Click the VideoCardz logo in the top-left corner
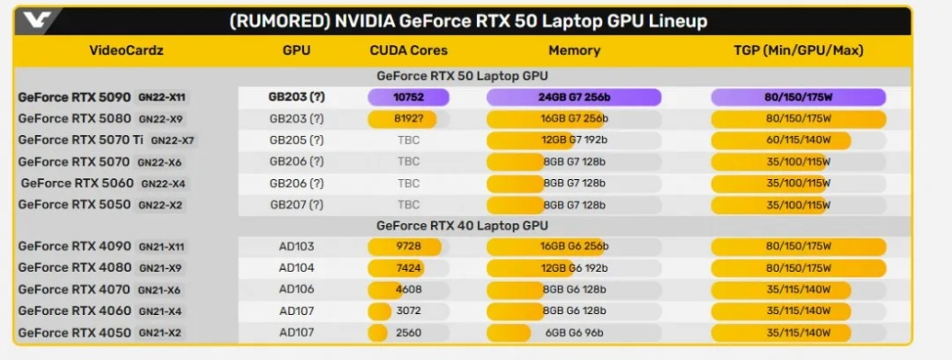pos(37,20)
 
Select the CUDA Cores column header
pos(408,50)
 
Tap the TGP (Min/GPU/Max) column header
pos(798,50)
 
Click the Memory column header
pos(574,50)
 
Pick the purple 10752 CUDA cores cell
pos(408,96)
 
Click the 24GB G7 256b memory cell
pos(574,96)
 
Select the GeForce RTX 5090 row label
pos(76,96)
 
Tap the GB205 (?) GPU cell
pos(296,139)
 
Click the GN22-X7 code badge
pos(173,140)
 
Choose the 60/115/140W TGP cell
pos(798,139)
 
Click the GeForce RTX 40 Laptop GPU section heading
pos(462,226)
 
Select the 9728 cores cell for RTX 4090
pos(408,247)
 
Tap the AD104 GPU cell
pos(296,267)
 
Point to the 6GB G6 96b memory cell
pos(574,332)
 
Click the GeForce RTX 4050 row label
pos(75,332)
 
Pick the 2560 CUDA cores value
pos(408,332)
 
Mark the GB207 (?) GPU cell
pos(296,204)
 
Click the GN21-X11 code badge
pos(162,247)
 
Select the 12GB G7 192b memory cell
pos(574,139)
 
